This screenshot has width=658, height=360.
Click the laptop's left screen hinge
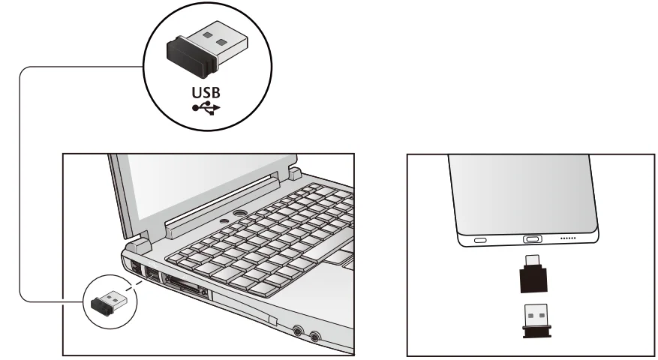click(138, 244)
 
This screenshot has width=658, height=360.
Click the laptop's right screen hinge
click(294, 174)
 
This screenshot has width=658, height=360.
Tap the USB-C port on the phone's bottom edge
click(533, 241)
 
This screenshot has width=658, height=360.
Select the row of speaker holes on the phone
click(567, 240)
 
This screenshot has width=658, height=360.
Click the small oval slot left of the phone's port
click(480, 241)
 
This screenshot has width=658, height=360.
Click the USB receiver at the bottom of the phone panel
click(533, 318)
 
